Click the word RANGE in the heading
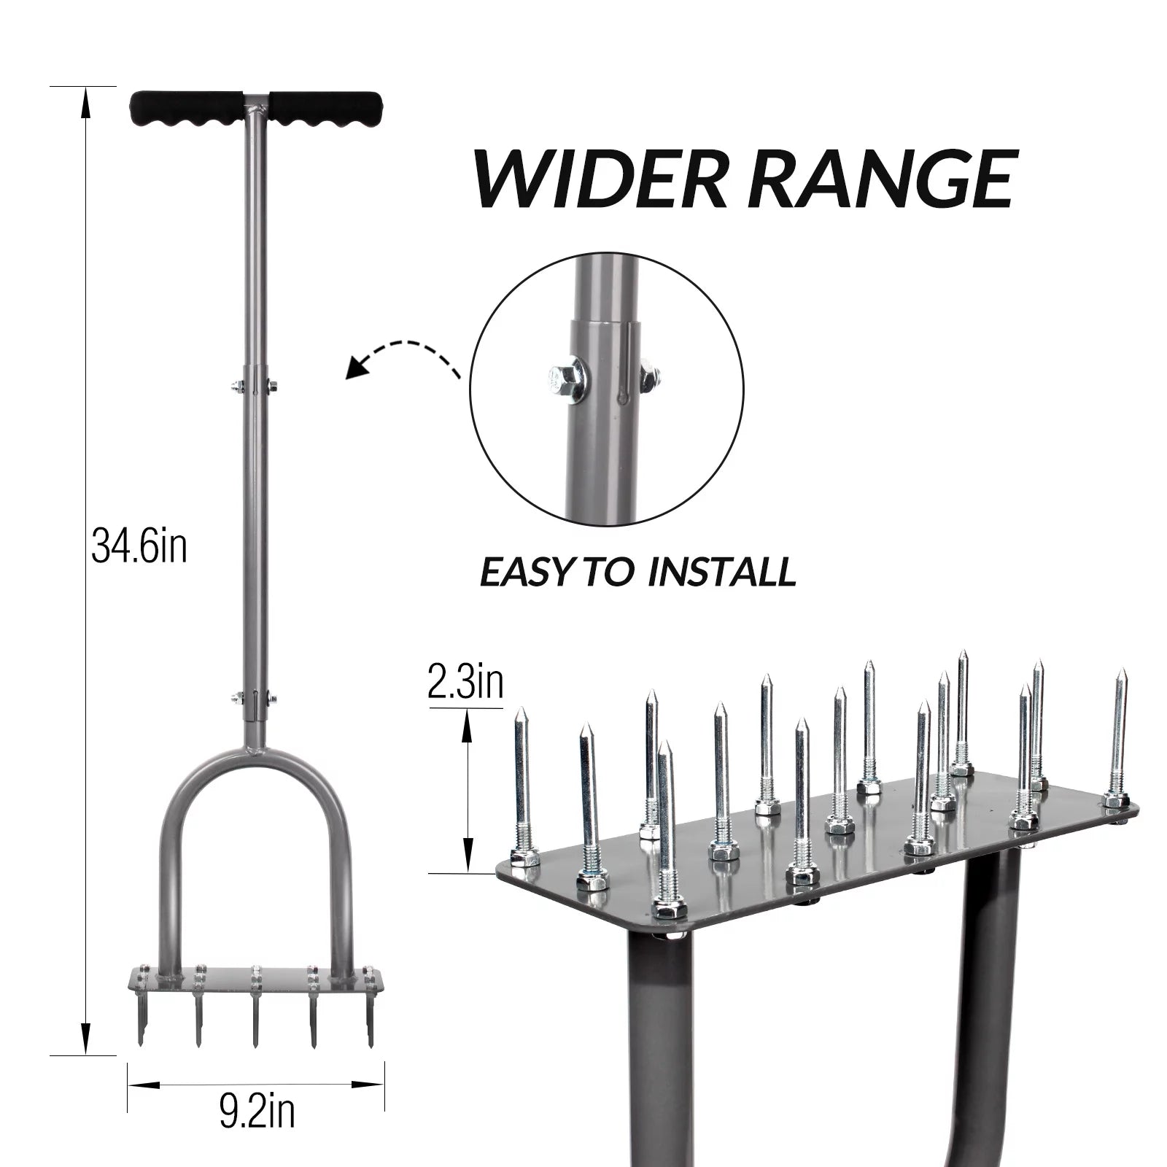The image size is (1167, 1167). click(883, 177)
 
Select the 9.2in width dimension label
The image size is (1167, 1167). click(257, 1112)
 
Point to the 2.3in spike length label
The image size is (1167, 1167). click(465, 683)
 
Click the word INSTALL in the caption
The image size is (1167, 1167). click(721, 573)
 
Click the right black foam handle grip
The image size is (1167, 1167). click(325, 109)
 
